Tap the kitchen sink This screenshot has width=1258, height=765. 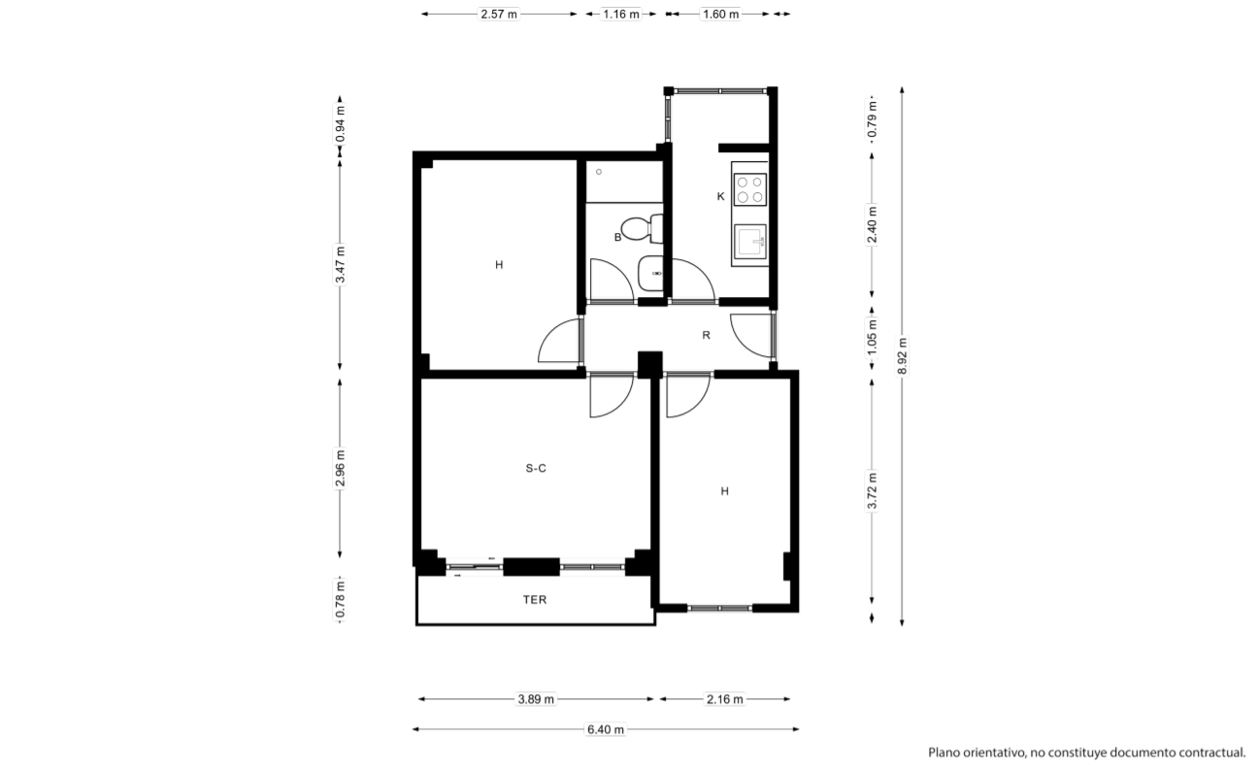point(749,242)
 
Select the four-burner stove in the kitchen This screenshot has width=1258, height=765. point(749,190)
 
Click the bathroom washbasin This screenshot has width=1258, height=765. point(651,274)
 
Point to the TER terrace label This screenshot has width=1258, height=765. point(535,600)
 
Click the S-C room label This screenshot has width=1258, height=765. point(536,469)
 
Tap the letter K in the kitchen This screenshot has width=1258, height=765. point(720,196)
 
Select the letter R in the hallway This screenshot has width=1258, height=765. point(706,335)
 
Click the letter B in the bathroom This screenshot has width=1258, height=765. point(617,238)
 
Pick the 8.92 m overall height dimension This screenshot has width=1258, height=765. point(902,356)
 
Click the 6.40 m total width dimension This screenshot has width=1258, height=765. point(606,730)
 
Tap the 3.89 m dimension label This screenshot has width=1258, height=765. point(536,699)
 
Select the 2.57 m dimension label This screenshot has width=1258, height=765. point(499,14)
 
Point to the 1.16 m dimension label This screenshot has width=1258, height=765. point(621,14)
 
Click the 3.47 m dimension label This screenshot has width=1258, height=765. point(340,265)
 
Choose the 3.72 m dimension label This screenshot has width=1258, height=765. point(873,491)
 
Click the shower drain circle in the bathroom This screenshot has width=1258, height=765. point(599,172)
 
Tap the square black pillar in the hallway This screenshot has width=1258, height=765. point(650,364)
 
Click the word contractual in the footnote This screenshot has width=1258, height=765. point(1213,752)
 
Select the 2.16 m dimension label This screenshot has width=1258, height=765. point(724,699)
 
